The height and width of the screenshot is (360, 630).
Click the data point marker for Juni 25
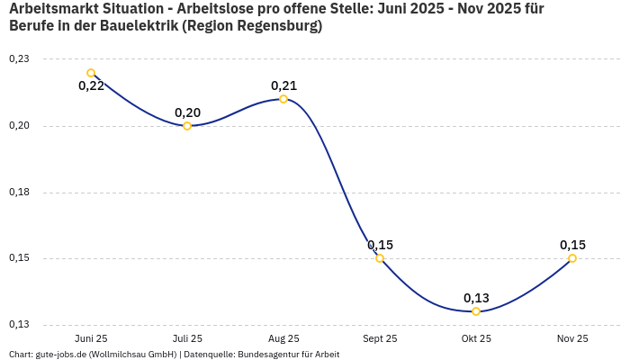(x=91, y=73)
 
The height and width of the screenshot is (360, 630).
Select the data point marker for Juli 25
(x=187, y=126)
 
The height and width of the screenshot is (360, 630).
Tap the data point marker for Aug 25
(x=283, y=99)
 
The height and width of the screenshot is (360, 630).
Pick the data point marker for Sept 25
(x=380, y=258)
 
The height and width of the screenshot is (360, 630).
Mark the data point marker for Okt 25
(x=476, y=311)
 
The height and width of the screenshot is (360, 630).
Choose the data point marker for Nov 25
(x=572, y=258)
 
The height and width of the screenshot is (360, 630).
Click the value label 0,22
(x=91, y=86)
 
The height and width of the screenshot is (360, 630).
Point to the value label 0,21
(x=283, y=85)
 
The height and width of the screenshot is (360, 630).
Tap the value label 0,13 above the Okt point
(x=476, y=298)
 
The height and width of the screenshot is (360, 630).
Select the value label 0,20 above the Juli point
(x=187, y=112)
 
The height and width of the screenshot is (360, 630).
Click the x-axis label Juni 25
(x=91, y=338)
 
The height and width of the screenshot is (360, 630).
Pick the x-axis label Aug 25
(x=283, y=338)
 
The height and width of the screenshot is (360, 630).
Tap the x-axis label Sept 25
(x=380, y=338)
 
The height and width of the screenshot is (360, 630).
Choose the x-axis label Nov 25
(x=572, y=338)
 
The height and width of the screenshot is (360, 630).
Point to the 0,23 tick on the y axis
(x=19, y=59)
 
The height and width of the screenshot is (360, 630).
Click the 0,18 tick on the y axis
(x=19, y=193)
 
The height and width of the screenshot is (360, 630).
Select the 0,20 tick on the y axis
(x=19, y=126)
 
